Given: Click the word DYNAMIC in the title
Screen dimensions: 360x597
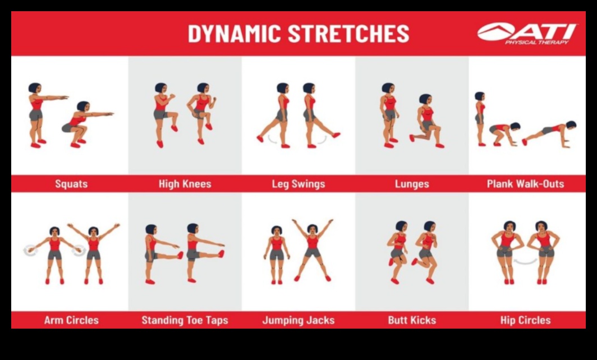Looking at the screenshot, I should pyautogui.click(x=235, y=34).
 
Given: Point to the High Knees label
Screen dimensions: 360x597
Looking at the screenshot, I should pyautogui.click(x=185, y=183).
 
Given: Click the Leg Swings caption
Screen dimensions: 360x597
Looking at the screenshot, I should pyautogui.click(x=298, y=183).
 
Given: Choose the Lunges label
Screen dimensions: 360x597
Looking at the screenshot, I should pyautogui.click(x=412, y=183).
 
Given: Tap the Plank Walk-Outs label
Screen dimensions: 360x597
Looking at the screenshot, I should pyautogui.click(x=526, y=183).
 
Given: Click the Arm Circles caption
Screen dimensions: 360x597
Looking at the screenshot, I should pyautogui.click(x=71, y=320).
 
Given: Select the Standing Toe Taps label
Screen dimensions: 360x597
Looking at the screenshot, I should pyautogui.click(x=185, y=320).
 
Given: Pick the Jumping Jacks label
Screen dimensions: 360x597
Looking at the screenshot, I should pyautogui.click(x=298, y=320).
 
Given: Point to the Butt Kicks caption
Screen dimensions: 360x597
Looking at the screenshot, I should pyautogui.click(x=412, y=320).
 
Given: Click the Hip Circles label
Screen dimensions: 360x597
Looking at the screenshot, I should pyautogui.click(x=526, y=320).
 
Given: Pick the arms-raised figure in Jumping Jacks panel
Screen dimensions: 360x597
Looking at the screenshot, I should pyautogui.click(x=313, y=250).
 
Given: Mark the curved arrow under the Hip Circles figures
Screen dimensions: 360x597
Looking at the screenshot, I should pyautogui.click(x=525, y=261).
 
